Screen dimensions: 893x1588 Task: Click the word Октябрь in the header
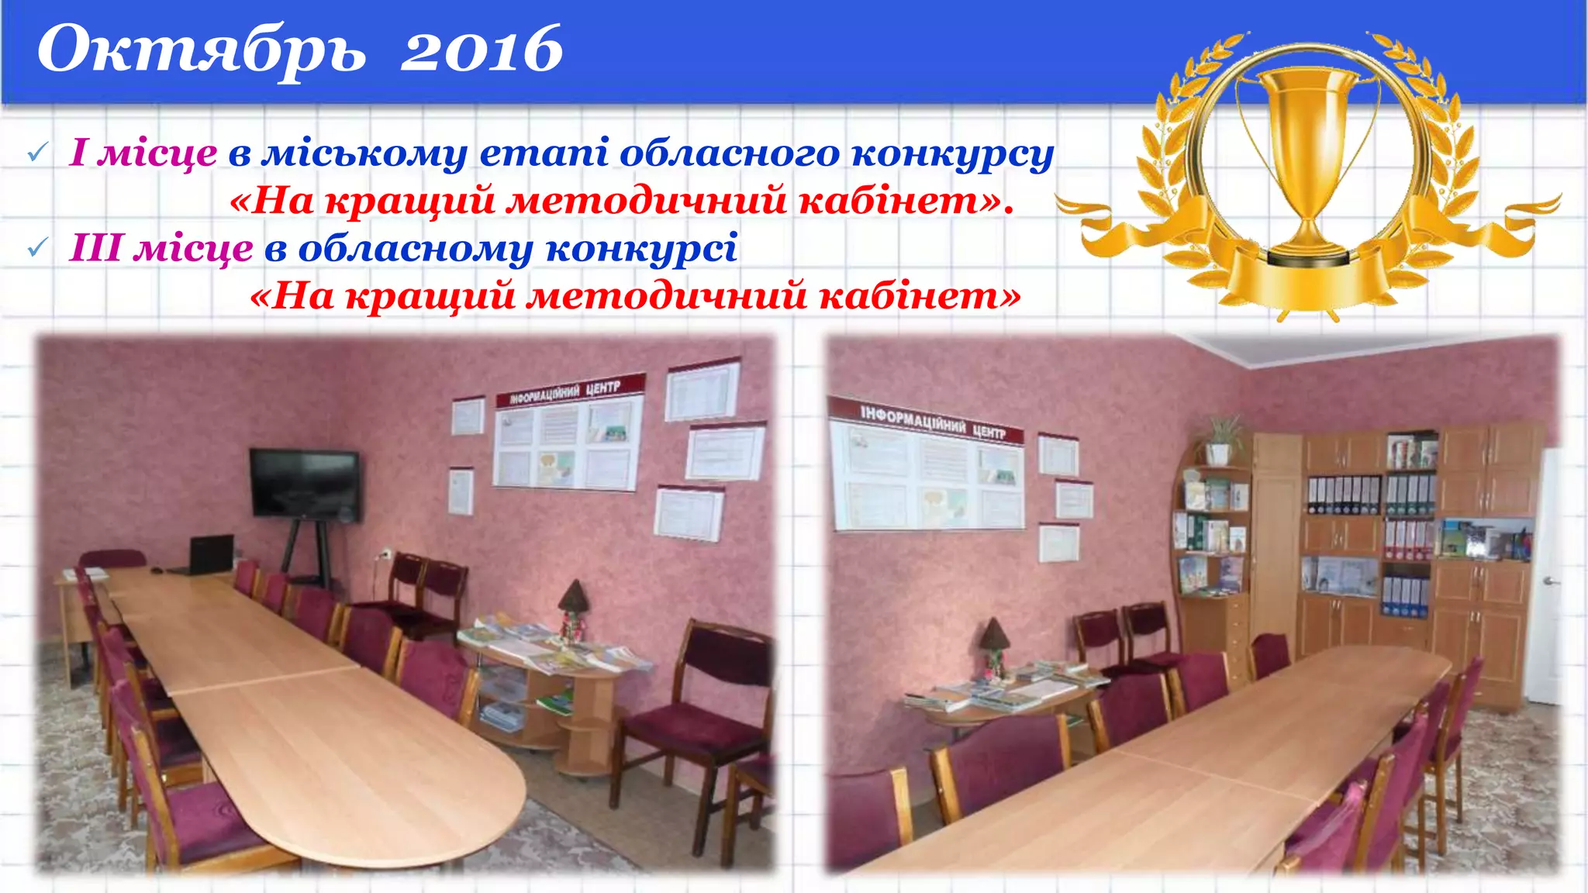[x=201, y=50]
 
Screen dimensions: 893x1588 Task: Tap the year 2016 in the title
[x=481, y=50]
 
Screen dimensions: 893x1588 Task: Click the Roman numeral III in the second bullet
[x=96, y=248]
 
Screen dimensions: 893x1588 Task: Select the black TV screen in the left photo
[x=305, y=483]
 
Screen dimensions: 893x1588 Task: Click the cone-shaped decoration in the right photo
[x=992, y=636]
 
